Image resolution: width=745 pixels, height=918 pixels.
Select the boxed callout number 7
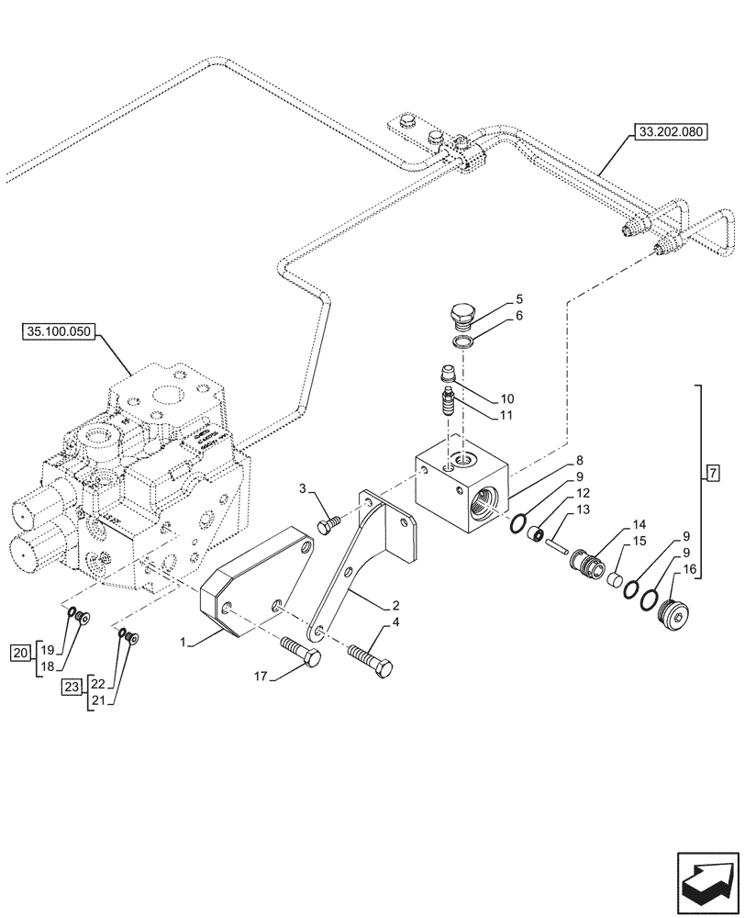[x=713, y=474]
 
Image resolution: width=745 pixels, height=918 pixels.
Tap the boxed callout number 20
[x=20, y=654]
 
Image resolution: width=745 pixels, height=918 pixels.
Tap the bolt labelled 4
[x=372, y=658]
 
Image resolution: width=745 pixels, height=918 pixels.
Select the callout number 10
[x=507, y=399]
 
